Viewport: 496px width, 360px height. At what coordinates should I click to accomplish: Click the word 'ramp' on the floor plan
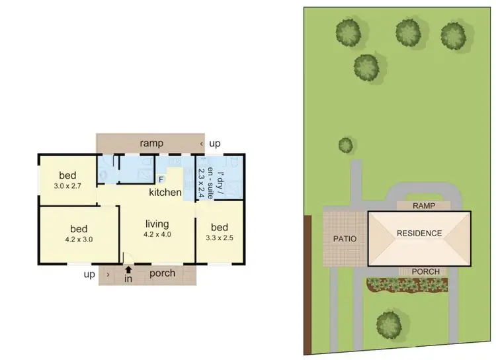151,144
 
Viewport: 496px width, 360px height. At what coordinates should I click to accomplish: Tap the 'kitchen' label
165,193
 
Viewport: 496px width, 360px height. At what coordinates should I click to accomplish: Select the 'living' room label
157,224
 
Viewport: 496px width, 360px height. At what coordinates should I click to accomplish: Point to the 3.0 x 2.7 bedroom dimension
68,186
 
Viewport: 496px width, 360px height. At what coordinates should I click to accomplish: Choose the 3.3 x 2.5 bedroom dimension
220,237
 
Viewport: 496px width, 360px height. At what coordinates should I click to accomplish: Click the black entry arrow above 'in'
128,269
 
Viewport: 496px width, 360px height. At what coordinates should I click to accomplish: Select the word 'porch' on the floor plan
162,273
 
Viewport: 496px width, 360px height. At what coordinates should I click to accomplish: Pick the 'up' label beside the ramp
215,144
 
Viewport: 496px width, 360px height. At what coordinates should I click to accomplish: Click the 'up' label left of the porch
89,273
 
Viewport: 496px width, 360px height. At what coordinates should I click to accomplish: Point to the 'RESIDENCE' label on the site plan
419,233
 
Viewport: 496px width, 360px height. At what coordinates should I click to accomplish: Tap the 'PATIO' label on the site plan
345,238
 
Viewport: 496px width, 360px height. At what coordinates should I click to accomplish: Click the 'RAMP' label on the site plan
423,206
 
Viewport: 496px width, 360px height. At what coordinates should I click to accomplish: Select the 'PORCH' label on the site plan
423,271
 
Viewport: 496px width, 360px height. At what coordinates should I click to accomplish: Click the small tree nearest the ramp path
345,144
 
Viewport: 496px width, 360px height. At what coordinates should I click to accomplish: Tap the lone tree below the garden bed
389,323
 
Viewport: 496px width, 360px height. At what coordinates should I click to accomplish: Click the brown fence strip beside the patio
308,285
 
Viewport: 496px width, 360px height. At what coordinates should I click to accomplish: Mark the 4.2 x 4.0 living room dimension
157,234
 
